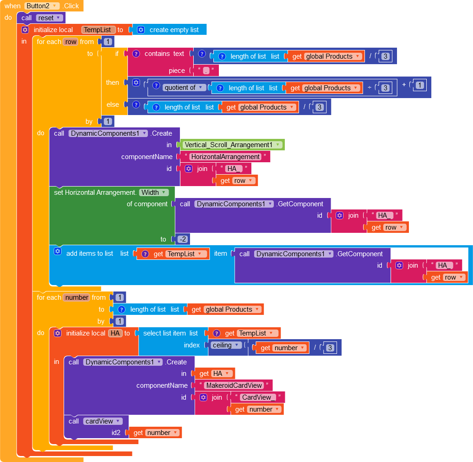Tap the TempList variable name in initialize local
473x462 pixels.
pos(98,30)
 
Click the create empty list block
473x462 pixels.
pos(174,30)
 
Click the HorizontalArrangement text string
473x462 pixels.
pos(225,157)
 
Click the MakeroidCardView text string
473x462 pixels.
pos(234,385)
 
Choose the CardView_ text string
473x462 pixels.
pos(259,397)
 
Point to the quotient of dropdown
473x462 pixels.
pos(183,88)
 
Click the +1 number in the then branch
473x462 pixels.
pos(420,85)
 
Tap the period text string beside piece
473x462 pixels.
pos(206,71)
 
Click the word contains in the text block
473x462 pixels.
pos(158,54)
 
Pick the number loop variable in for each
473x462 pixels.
pos(77,297)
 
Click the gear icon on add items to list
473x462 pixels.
pos(57,252)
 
